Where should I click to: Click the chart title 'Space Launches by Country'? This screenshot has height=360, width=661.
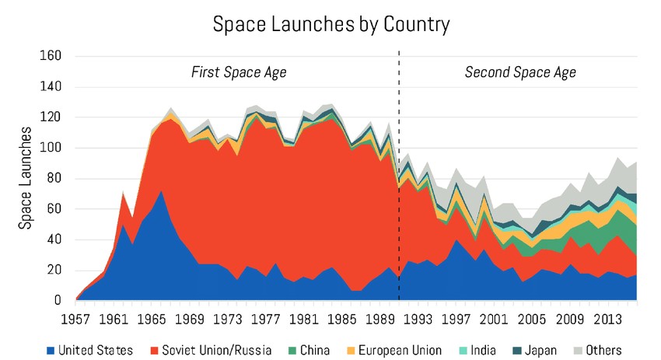(330, 25)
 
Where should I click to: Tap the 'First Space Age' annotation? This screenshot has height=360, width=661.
(239, 72)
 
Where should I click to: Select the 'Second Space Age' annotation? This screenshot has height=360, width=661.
(520, 72)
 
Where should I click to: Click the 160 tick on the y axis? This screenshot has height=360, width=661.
(50, 56)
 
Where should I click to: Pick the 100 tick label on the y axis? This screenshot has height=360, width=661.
(50, 148)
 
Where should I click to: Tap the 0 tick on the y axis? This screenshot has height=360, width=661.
(56, 300)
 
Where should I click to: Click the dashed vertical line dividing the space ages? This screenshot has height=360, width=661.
(399, 117)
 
